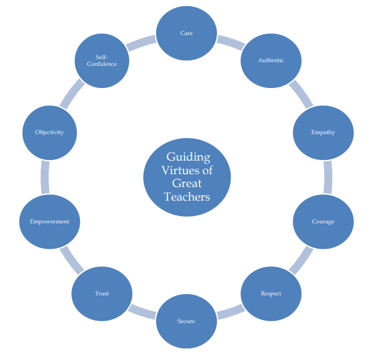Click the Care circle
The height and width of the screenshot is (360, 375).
(186, 33)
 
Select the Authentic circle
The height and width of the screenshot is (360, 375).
(270, 60)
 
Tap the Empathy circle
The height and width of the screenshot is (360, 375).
(323, 132)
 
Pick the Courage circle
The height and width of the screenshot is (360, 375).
(323, 222)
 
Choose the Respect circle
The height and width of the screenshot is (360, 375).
(270, 293)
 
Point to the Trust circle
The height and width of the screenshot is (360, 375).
(102, 293)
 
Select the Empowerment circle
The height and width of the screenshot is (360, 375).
(50, 222)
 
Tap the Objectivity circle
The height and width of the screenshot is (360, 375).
(50, 132)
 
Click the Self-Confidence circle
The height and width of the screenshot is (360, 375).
(102, 60)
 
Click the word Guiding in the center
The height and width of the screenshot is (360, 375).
(188, 156)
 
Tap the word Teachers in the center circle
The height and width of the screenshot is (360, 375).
(187, 197)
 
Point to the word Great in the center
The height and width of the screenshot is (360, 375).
(187, 183)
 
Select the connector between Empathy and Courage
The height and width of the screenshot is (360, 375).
(328, 177)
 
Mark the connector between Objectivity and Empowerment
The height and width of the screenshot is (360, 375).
(45, 177)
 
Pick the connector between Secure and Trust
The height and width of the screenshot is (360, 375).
(143, 312)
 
